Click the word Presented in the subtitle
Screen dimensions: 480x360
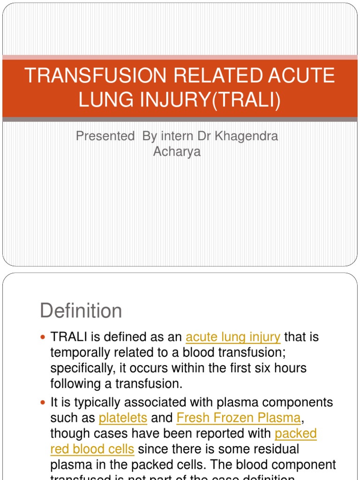click(105, 136)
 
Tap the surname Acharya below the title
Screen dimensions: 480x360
click(177, 152)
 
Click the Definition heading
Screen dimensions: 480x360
click(81, 311)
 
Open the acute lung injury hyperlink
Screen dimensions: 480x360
click(233, 337)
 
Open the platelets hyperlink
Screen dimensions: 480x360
click(123, 418)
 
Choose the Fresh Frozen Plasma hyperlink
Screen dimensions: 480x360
click(238, 418)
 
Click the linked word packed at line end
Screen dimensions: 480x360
click(296, 434)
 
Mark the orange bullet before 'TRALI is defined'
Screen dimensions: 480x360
click(44, 337)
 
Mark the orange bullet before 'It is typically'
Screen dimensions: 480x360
click(44, 403)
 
